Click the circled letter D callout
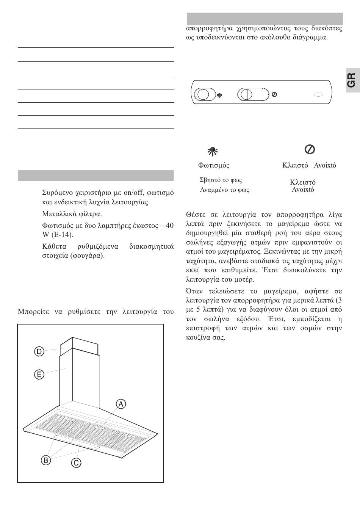pyautogui.click(x=39, y=351)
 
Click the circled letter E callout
pyautogui.click(x=39, y=375)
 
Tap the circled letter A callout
pyautogui.click(x=121, y=404)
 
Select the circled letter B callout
pyautogui.click(x=46, y=460)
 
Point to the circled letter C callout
pyautogui.click(x=77, y=462)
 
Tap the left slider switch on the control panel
pyautogui.click(x=204, y=94)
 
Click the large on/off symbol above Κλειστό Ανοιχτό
pyautogui.click(x=309, y=149)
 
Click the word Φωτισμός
pyautogui.click(x=214, y=165)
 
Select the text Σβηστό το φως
pyautogui.click(x=221, y=180)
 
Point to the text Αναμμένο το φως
pyautogui.click(x=225, y=190)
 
